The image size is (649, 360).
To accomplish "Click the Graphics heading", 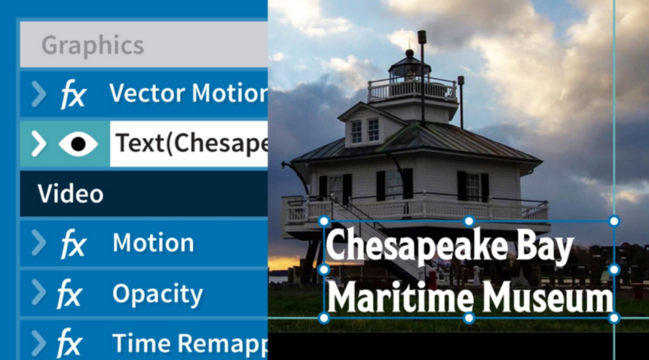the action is [x=93, y=45].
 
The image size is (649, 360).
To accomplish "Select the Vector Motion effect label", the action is [x=188, y=93].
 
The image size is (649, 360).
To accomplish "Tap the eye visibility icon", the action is [x=78, y=144].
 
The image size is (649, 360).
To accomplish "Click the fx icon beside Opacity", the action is [x=69, y=293].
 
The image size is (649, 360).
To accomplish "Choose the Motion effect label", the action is [x=153, y=243].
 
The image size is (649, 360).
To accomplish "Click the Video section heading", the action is [x=70, y=194].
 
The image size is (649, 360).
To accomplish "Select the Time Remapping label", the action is [x=190, y=344].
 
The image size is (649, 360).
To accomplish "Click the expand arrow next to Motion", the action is [x=39, y=243].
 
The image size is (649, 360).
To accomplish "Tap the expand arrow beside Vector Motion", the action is [x=39, y=94].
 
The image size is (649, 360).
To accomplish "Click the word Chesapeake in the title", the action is [x=416, y=246].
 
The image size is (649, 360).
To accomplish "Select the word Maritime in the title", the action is [x=401, y=296].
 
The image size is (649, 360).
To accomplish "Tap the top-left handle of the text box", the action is [x=324, y=221].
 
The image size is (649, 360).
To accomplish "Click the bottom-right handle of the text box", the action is [x=614, y=318].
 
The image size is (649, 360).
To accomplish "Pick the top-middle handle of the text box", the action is [x=469, y=221].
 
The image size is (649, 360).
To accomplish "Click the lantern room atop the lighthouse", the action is [x=409, y=68].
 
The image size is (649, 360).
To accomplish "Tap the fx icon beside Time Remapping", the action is [x=69, y=343].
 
